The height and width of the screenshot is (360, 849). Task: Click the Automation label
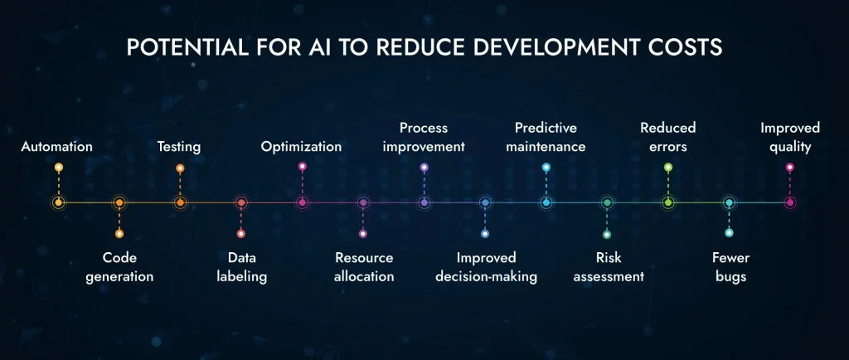(56, 147)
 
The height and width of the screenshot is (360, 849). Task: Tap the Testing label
(179, 147)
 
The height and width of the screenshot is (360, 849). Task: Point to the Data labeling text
(241, 267)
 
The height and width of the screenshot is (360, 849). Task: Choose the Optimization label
(301, 147)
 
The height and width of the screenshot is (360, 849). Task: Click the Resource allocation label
(363, 267)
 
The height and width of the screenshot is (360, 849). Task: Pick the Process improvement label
(424, 137)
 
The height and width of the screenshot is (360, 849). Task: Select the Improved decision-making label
(486, 267)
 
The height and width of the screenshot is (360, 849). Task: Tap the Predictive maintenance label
(546, 137)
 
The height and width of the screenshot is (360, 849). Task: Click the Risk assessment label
(608, 267)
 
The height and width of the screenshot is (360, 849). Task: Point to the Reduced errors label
(667, 137)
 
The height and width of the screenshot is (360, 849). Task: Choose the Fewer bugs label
(730, 267)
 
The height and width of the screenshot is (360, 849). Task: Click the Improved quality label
(789, 137)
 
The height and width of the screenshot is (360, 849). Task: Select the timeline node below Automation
(58, 202)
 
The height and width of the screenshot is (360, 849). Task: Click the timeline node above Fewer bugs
(729, 202)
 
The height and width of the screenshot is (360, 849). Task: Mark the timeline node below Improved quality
(789, 202)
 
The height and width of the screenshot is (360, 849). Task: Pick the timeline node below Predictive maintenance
(546, 202)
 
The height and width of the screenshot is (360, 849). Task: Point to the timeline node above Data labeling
(241, 202)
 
